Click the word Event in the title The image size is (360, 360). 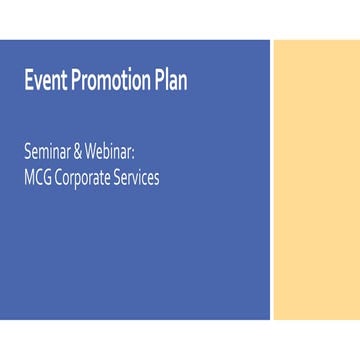point(45,82)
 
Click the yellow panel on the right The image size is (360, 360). point(316,180)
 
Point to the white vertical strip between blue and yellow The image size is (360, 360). point(272,180)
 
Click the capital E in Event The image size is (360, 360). point(29,82)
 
